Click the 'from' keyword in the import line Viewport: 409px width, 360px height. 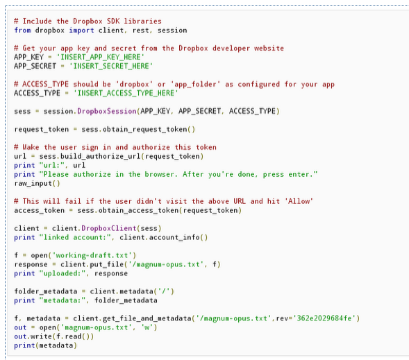[x=22, y=31]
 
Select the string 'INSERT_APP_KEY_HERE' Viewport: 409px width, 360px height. [x=101, y=57]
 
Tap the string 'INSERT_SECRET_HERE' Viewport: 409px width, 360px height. [x=111, y=66]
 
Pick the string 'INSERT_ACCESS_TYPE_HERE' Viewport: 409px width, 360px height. [x=126, y=93]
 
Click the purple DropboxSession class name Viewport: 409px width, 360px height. [x=107, y=111]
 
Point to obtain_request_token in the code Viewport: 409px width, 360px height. [x=144, y=130]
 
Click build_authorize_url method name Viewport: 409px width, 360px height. [x=101, y=156]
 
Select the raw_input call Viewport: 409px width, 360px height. [x=37, y=183]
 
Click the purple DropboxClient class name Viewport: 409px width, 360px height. [x=109, y=228]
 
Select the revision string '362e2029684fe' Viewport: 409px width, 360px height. [x=324, y=318]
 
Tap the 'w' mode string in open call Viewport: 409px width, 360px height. [x=147, y=327]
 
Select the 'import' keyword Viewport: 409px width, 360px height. [x=81, y=31]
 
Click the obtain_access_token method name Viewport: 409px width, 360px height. [x=138, y=210]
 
